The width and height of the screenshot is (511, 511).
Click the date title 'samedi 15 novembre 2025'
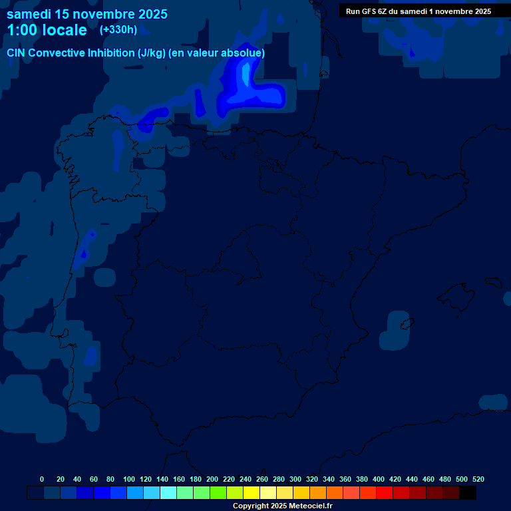click(x=87, y=14)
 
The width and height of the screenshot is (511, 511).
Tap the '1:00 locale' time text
click(x=47, y=30)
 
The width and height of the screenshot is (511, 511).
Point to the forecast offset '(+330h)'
click(x=118, y=30)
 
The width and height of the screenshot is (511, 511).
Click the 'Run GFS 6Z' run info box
click(x=419, y=11)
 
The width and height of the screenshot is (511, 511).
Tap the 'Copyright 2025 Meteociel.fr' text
click(x=282, y=506)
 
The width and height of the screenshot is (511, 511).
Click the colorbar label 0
click(x=42, y=479)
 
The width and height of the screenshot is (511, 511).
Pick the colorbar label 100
click(x=129, y=479)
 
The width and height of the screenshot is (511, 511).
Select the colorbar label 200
click(x=212, y=479)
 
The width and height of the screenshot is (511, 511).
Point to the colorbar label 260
click(x=262, y=479)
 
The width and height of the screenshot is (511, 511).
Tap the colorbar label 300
click(x=295, y=479)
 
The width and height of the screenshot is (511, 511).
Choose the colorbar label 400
click(x=379, y=479)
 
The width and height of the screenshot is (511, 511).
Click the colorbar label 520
click(x=478, y=479)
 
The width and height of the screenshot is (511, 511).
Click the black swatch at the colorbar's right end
click(x=468, y=493)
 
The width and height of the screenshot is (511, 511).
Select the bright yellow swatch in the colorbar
click(x=252, y=493)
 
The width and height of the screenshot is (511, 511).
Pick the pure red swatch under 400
click(x=385, y=493)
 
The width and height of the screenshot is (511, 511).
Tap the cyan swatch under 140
click(x=168, y=493)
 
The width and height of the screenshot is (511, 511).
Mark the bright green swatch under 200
click(x=218, y=493)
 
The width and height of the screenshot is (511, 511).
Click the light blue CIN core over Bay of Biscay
click(x=246, y=74)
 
